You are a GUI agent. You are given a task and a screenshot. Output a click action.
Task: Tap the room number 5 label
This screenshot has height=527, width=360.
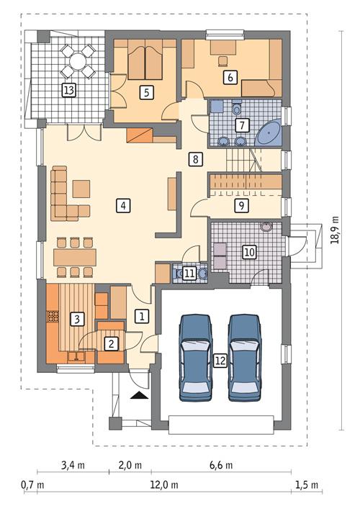(x=145, y=91)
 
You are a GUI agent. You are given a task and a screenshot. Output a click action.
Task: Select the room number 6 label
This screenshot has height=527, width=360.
(x=230, y=76)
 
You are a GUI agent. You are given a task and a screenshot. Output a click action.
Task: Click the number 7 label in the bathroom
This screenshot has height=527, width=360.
(x=242, y=125)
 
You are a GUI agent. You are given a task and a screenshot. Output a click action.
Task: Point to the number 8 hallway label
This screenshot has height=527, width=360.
(x=194, y=159)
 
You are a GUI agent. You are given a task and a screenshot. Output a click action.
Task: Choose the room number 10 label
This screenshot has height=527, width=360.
(x=249, y=252)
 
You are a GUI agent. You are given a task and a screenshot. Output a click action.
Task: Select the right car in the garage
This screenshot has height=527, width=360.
(x=246, y=356)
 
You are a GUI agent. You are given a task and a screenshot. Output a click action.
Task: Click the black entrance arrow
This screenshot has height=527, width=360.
(x=138, y=395)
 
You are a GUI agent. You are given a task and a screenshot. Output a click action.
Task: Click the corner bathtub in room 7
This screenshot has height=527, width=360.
(x=270, y=133)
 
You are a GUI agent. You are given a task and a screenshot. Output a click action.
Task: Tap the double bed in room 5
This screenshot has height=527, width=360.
(x=145, y=62)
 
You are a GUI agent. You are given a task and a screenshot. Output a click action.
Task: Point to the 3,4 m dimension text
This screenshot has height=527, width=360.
(x=73, y=465)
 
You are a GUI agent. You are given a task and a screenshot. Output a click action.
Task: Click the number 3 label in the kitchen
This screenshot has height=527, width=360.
(x=76, y=317)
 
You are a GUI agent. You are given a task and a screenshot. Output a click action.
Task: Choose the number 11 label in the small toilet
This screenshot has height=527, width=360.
(x=189, y=273)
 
